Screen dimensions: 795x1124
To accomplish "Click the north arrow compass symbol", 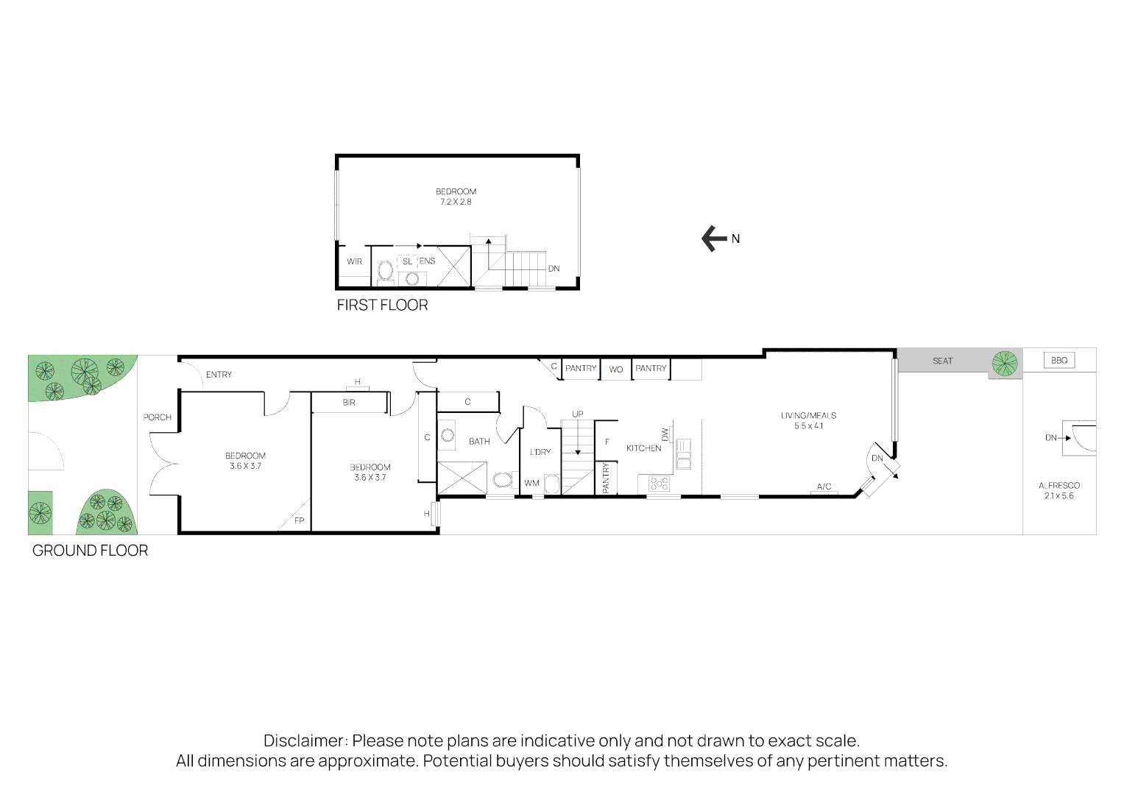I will click(x=713, y=239).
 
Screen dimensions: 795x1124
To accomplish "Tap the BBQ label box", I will click(x=1058, y=361).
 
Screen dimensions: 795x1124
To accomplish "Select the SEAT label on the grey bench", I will click(x=942, y=361).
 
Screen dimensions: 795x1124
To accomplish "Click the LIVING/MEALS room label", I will click(x=808, y=416).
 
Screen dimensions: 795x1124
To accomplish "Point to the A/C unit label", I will click(x=824, y=487).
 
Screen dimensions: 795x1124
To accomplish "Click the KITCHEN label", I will click(x=643, y=448).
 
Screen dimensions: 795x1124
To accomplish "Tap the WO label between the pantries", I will click(x=616, y=370).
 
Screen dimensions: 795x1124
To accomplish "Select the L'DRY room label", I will click(x=540, y=452).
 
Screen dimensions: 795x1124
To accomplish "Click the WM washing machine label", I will click(x=531, y=483).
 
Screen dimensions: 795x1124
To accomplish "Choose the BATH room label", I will click(x=479, y=442).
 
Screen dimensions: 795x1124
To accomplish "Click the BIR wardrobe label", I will click(x=349, y=403).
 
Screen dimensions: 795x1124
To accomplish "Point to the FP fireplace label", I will click(x=299, y=520).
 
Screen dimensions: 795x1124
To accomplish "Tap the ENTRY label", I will click(x=219, y=375).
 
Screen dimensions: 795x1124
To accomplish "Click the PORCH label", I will click(x=157, y=417).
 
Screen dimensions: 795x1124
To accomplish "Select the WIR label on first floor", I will click(x=354, y=261).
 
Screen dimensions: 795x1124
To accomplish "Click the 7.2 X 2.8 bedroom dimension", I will click(x=456, y=202).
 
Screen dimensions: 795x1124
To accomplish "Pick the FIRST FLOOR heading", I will click(x=382, y=305).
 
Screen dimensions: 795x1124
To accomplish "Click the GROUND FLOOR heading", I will click(x=90, y=551).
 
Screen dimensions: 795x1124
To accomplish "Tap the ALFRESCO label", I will click(x=1058, y=486).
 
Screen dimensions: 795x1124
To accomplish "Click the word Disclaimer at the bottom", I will click(x=304, y=741).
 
